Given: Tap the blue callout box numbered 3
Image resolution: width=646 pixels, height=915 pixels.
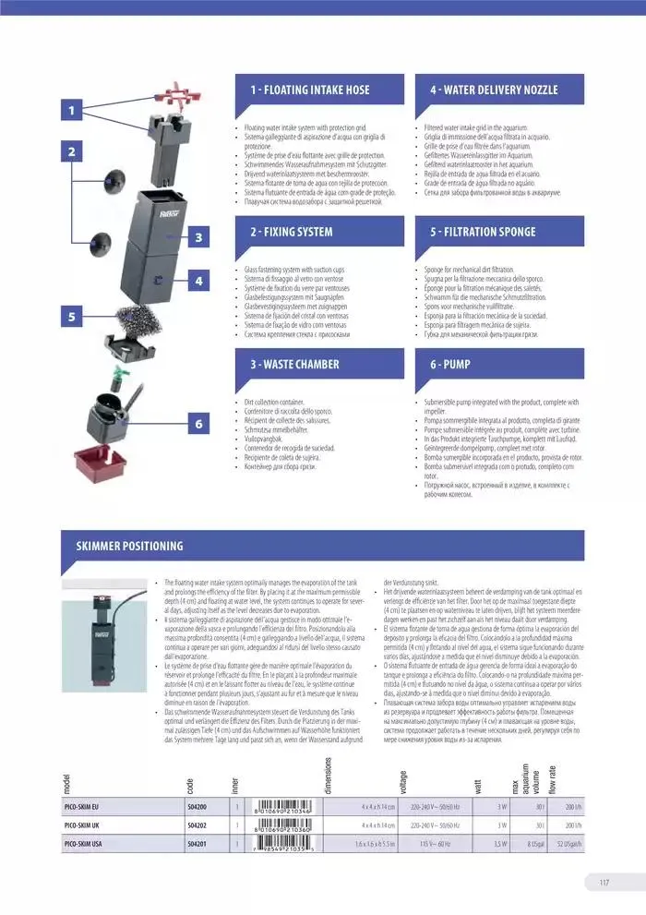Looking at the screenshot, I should coord(198,237).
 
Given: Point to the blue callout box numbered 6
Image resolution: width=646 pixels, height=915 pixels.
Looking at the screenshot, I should coord(198,424).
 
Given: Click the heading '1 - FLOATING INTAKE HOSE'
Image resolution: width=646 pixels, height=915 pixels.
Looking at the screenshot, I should coord(309,90).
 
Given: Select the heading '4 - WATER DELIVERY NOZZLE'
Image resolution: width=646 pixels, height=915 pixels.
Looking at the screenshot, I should coord(494,90).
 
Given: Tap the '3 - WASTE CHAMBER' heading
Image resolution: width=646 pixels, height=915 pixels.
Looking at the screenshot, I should coord(295,365).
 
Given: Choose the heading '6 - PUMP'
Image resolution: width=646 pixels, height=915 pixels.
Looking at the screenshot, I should coord(450,365).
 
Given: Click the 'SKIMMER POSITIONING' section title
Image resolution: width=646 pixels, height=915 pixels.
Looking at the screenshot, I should coord(129,546).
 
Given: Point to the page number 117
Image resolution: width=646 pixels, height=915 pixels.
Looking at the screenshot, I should coord(604,882).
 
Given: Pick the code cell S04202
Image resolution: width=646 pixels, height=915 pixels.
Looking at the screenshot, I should coord(197,825).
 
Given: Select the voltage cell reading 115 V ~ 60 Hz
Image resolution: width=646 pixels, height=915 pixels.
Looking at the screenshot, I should coord(430,843).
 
